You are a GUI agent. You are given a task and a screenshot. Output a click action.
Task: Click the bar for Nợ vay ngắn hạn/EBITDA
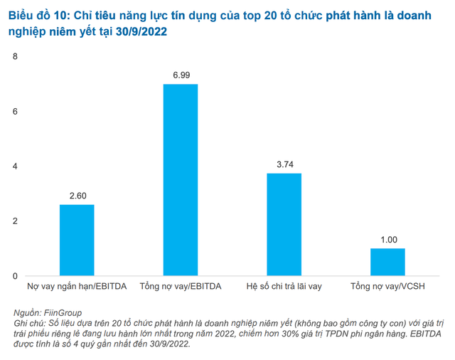pos(77,240)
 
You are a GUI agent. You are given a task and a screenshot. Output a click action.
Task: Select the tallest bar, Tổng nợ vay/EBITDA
pos(181,179)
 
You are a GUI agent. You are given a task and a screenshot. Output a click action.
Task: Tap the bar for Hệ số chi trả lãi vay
pos(284,224)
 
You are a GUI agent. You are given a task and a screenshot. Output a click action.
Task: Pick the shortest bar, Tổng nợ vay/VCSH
pos(387,262)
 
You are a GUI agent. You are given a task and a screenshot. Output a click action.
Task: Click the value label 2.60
pos(77,195)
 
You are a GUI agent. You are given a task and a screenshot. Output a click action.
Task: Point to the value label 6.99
pos(181,74)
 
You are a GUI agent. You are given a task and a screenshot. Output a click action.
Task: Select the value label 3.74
pos(284,164)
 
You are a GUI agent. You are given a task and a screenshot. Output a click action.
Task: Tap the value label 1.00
pos(387,239)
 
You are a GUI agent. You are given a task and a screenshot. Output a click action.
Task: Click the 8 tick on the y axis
pos(16,57)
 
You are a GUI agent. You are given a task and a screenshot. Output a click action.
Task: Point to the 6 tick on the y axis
pos(16,112)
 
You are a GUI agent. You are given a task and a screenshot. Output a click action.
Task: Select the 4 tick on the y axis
pos(16,166)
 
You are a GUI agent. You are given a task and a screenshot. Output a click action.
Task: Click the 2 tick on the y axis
pos(16,221)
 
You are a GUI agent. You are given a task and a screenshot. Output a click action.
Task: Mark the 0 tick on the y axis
pos(16,276)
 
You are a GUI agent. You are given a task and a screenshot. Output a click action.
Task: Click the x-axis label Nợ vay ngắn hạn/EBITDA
pos(77,287)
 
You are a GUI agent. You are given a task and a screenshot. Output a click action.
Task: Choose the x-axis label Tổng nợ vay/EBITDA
pos(181,287)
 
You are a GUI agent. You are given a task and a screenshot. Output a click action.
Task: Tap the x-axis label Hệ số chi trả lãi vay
pos(284,287)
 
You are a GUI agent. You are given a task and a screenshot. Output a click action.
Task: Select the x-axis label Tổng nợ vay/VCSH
pos(387,287)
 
